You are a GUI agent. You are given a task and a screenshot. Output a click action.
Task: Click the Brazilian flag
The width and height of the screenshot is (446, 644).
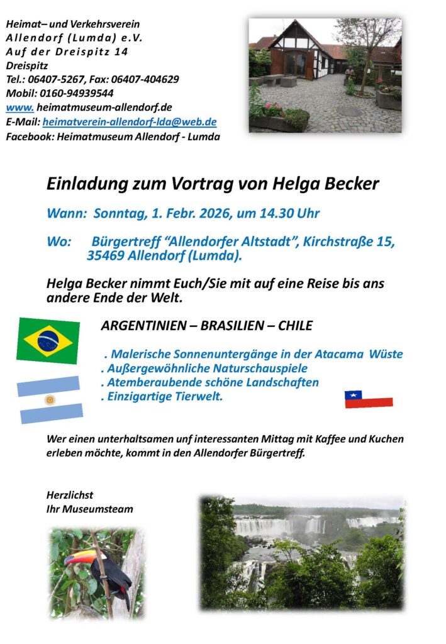48,340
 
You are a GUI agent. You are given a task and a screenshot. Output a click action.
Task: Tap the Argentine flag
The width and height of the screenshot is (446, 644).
49,400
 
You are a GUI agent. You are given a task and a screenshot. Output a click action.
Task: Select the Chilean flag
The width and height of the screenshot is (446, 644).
368,399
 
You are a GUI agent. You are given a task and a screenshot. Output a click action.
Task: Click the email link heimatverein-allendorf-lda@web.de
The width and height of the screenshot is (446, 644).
130,122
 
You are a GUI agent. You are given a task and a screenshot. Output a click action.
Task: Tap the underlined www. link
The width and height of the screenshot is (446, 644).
19,108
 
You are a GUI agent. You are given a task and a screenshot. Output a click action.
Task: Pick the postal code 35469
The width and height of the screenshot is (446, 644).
106,255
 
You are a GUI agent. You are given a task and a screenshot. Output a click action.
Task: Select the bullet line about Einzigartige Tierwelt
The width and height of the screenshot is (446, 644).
162,396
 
